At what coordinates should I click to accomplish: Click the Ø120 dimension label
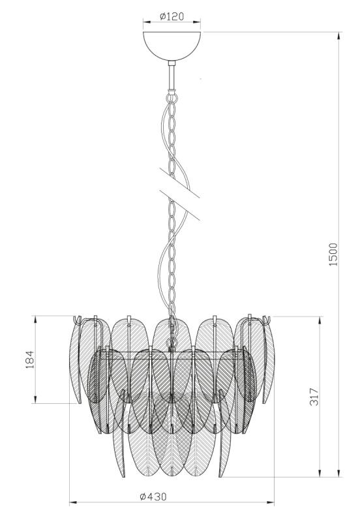pos(172,16)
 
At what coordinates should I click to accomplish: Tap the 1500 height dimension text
pos(333,254)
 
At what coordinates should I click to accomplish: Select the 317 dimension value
pos(314,397)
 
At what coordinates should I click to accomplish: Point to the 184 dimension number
pos(30,360)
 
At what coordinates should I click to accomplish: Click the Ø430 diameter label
pos(153,497)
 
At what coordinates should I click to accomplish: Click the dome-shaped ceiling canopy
pos(172,45)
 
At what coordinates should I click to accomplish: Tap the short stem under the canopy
pos(172,76)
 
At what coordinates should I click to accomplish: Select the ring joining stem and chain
pos(172,97)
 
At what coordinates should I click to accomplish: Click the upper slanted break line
pos(179,183)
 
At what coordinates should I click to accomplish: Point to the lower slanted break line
pos(179,205)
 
